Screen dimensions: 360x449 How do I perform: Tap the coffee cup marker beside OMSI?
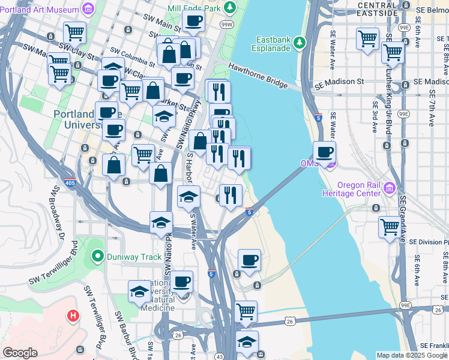(324, 152)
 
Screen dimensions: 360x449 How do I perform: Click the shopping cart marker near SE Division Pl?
(390, 227)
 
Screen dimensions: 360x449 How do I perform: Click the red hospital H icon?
(73, 314)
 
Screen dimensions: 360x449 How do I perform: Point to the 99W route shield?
(227, 25)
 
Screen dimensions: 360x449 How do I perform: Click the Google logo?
(20, 353)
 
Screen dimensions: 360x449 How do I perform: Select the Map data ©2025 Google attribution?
(411, 355)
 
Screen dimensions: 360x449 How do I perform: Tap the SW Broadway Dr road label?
(56, 210)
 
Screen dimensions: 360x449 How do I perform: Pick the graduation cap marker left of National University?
(139, 292)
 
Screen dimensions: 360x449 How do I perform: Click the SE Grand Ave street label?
(403, 216)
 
